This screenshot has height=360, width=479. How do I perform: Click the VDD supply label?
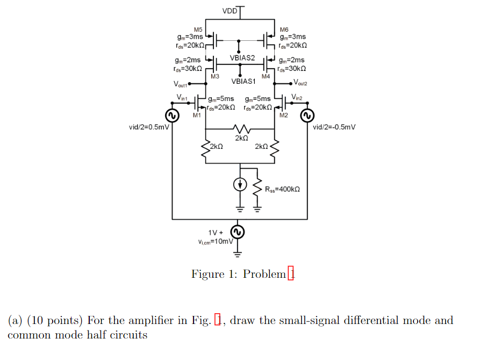click(x=229, y=11)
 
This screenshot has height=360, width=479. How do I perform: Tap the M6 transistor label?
click(x=284, y=29)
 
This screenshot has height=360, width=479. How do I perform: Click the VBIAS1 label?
click(x=244, y=81)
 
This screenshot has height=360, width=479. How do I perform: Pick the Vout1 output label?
click(x=182, y=84)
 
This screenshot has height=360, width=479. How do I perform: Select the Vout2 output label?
click(x=300, y=83)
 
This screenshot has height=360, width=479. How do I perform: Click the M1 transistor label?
click(x=197, y=116)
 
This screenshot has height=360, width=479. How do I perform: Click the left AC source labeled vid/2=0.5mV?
click(x=172, y=116)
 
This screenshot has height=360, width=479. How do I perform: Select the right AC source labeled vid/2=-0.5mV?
click(x=308, y=116)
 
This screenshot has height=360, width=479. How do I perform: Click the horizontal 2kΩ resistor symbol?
click(x=241, y=129)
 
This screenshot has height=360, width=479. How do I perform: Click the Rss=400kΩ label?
click(x=282, y=189)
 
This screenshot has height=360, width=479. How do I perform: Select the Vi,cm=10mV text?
click(x=216, y=242)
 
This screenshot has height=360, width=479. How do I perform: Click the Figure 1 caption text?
click(x=243, y=274)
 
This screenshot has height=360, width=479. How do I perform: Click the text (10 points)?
click(x=55, y=321)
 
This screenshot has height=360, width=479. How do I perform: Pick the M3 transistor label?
click(x=215, y=77)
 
